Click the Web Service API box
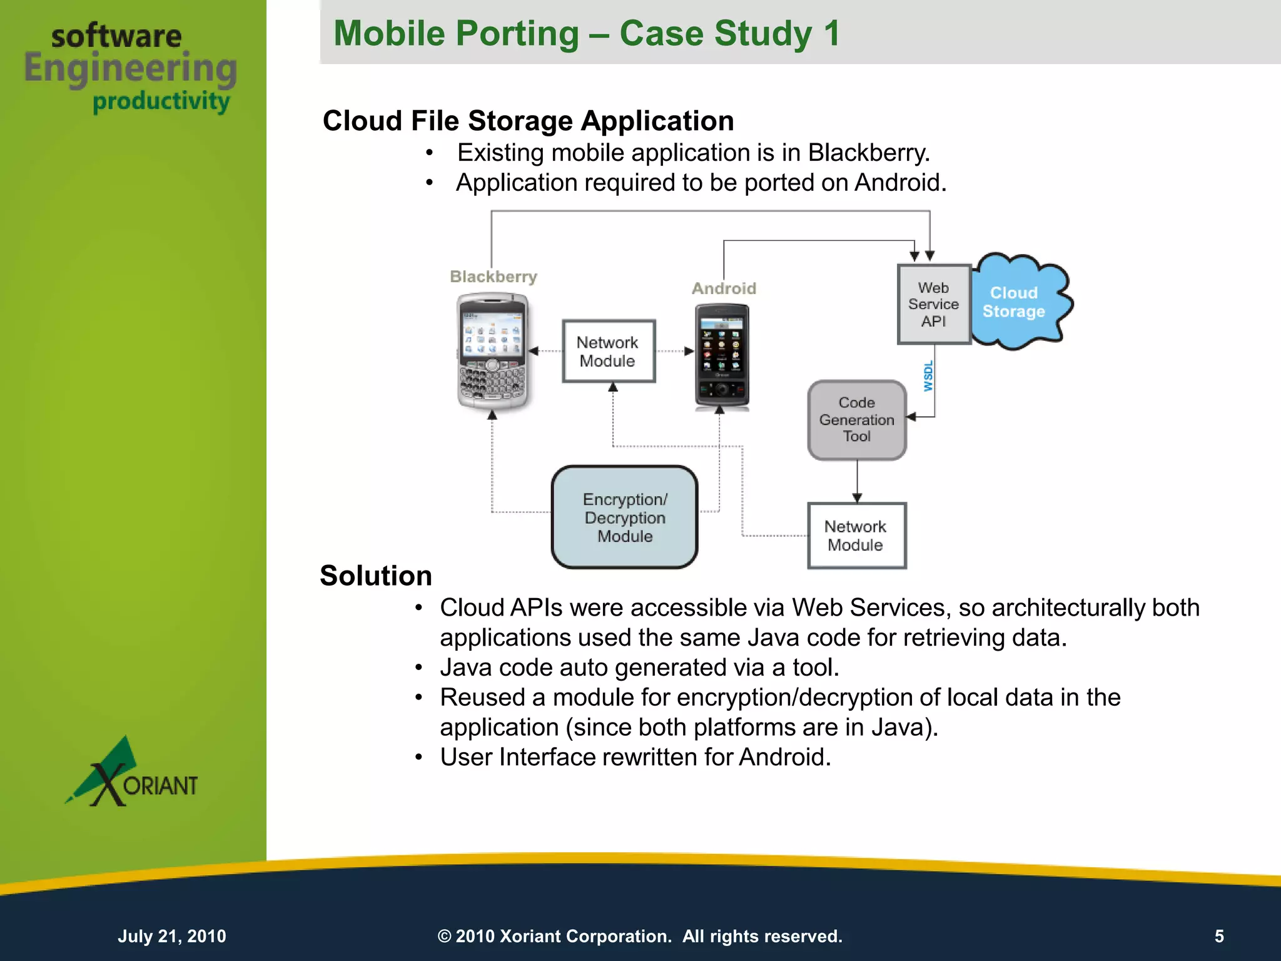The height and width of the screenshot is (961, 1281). (x=933, y=305)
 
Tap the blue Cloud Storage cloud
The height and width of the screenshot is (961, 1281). (x=1018, y=302)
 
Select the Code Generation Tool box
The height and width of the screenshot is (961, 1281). (x=856, y=420)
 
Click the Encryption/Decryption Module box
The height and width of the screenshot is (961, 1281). (x=624, y=517)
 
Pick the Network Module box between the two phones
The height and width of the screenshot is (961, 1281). (x=608, y=352)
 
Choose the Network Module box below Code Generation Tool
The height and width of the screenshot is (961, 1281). (x=856, y=536)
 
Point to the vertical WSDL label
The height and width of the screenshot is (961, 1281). (x=928, y=376)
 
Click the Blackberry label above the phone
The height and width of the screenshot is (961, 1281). (x=494, y=277)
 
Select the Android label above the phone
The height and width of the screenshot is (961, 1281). (x=724, y=288)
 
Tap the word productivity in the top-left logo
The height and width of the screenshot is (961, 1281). (x=161, y=101)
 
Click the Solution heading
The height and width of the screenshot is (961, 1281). (x=376, y=576)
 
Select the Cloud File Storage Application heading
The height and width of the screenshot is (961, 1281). (x=528, y=121)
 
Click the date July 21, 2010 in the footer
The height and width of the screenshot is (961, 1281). (x=172, y=936)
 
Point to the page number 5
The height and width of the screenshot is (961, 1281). (x=1219, y=936)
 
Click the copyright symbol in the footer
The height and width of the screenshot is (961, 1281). (x=444, y=937)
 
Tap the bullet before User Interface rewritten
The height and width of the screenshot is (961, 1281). (x=419, y=758)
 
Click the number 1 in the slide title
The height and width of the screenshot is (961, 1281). (x=831, y=33)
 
